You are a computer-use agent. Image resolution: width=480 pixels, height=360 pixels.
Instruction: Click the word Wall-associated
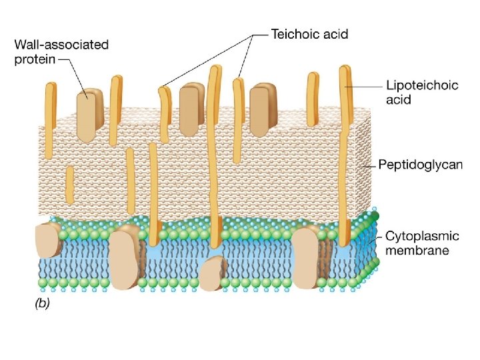(61, 45)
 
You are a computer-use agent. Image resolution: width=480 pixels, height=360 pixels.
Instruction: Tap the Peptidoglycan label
(420, 163)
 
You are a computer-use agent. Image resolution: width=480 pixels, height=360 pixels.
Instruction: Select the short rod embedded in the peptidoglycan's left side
(69, 185)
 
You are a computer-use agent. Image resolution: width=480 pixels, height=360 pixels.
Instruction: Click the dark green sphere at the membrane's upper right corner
(377, 215)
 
